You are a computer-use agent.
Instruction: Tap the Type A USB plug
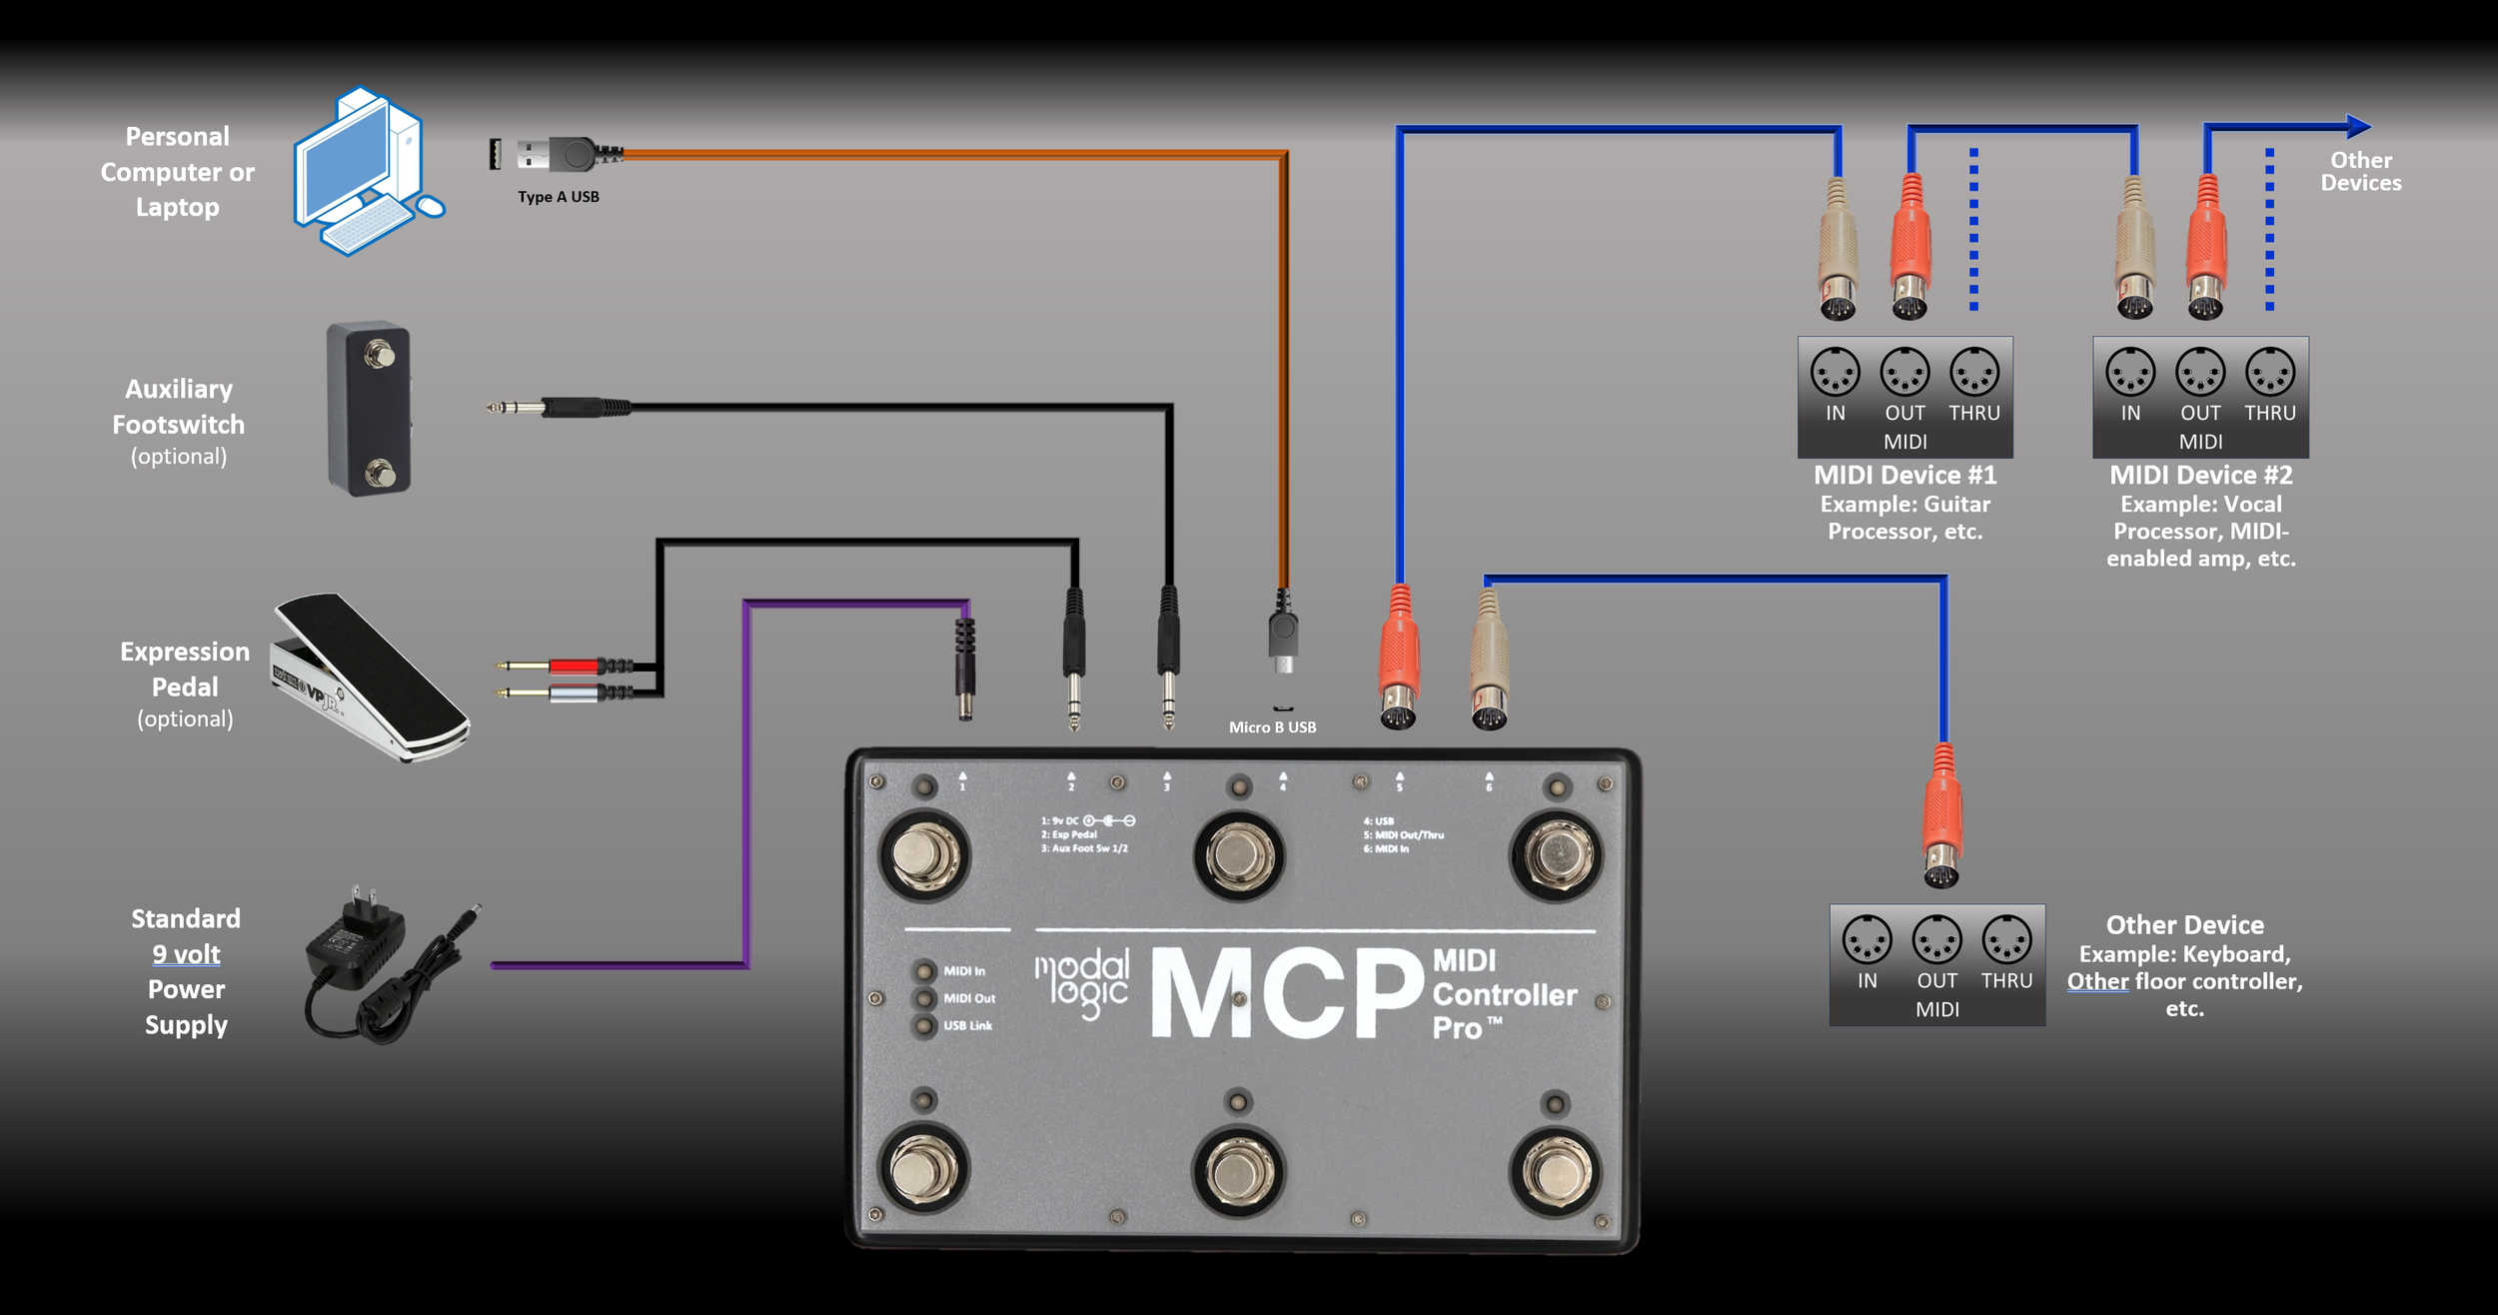coord(556,155)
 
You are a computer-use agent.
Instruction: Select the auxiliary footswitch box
coord(369,409)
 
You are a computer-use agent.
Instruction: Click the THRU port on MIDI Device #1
coord(1974,373)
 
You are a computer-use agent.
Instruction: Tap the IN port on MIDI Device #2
coord(2130,373)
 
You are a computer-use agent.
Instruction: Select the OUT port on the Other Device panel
coord(1936,940)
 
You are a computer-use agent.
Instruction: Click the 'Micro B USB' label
coord(1272,727)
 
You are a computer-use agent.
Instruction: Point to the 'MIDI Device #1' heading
coord(1904,476)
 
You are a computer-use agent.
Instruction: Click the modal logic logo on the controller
coord(1082,983)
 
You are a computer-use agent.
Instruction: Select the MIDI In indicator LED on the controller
coord(925,971)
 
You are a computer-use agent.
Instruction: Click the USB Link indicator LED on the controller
coord(925,1025)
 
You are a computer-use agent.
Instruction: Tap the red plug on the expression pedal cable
coord(574,665)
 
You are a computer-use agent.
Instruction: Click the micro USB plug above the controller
coord(1283,635)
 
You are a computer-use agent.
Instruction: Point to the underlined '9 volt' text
coord(186,954)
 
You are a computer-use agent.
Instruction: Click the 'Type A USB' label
coord(559,197)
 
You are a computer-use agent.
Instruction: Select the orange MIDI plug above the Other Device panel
coord(1942,814)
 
